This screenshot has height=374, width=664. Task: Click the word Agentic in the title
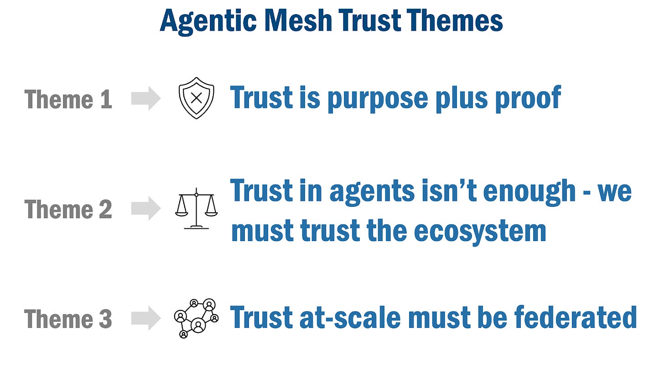[208, 21]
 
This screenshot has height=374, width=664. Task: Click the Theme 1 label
[68, 99]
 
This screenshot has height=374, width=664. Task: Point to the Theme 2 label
[68, 209]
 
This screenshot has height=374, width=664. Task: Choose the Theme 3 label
[68, 319]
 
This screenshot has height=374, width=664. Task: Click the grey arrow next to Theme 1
[146, 98]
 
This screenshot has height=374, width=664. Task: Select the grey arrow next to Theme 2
[146, 208]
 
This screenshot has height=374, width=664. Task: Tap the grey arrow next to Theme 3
[146, 318]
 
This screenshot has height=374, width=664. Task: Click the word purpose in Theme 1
[378, 99]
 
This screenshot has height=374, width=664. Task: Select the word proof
[528, 99]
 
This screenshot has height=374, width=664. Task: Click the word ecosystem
[480, 232]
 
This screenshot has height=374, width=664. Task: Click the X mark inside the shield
[196, 98]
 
